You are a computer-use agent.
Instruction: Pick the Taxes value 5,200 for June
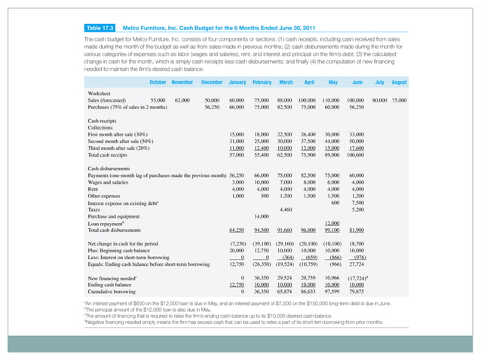[358, 209]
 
